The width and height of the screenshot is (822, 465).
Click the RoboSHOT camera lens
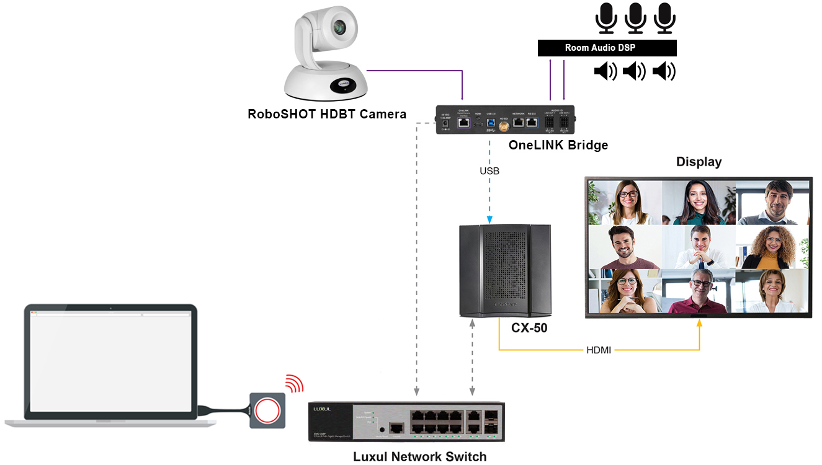click(339, 27)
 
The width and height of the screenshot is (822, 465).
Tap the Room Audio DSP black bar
click(607, 48)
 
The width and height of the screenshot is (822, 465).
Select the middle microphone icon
click(635, 18)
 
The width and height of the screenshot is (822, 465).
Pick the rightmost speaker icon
click(664, 72)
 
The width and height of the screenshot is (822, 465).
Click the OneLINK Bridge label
click(558, 145)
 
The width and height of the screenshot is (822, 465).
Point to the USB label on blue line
click(489, 170)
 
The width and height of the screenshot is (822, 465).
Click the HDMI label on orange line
click(599, 350)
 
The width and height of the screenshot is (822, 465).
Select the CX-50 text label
click(529, 328)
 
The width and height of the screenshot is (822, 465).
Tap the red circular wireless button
click(267, 410)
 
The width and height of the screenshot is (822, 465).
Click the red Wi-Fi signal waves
click(295, 384)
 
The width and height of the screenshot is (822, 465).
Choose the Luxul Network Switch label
click(419, 457)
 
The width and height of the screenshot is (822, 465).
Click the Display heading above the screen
click(699, 162)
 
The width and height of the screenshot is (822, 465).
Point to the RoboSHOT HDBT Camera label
click(327, 114)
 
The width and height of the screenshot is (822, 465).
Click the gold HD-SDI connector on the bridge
click(503, 128)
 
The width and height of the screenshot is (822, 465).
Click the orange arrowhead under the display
click(700, 323)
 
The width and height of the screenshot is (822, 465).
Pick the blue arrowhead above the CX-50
click(489, 219)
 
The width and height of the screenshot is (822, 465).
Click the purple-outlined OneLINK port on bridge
click(463, 123)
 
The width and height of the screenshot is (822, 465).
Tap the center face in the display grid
click(699, 247)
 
